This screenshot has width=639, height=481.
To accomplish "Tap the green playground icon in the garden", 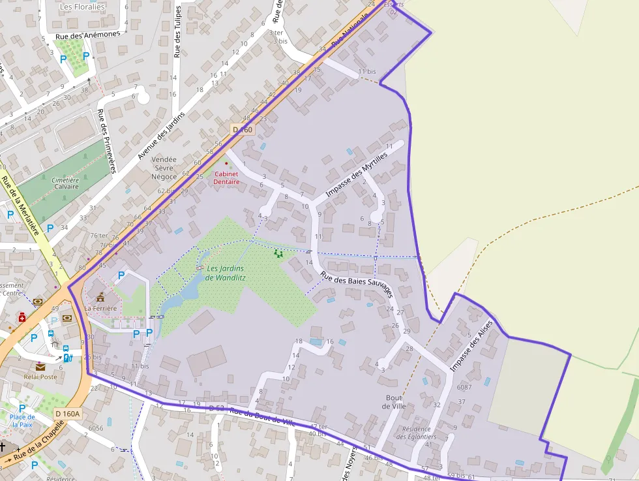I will [278, 253].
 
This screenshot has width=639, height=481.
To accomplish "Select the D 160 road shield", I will [242, 130].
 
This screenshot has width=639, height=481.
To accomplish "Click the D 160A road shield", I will [67, 414].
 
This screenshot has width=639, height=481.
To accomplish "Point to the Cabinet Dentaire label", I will [226, 178].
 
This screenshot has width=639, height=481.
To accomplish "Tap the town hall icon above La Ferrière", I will [100, 296].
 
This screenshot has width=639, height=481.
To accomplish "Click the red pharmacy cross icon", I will [22, 317].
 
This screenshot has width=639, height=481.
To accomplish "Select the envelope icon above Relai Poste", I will [40, 367].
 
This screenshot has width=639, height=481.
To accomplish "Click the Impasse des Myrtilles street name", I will [356, 174].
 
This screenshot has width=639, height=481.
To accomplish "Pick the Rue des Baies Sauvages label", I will [355, 285].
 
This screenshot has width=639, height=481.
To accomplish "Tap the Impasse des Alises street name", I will [471, 349].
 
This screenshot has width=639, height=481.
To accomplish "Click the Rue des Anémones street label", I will [88, 35].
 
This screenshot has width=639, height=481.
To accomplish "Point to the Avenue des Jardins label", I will [161, 135].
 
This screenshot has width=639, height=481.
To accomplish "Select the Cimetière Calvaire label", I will [65, 183].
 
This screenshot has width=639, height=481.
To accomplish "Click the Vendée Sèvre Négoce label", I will [164, 168].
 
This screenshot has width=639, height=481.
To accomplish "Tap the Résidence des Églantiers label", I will [417, 433].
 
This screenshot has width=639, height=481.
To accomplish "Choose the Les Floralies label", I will [82, 7].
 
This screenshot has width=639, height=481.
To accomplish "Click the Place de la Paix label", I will [22, 420].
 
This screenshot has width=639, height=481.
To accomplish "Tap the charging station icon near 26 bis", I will [67, 358].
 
